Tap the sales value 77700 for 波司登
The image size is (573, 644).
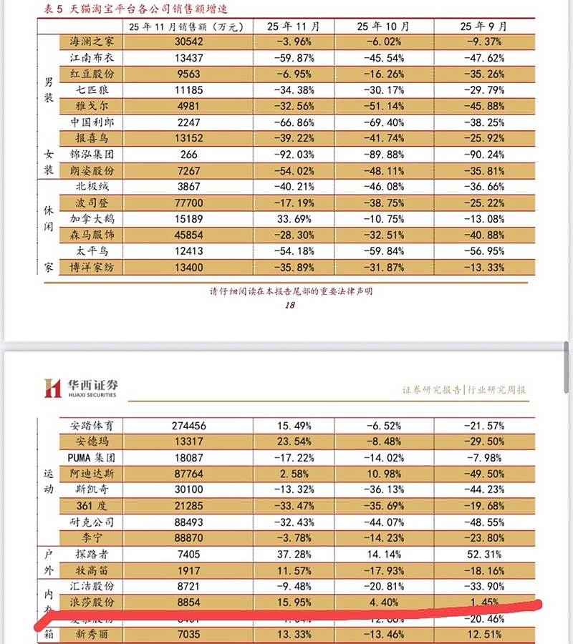click(x=189, y=203)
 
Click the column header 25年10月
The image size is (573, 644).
click(x=383, y=26)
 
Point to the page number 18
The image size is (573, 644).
click(x=290, y=305)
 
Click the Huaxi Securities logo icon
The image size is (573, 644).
click(x=52, y=387)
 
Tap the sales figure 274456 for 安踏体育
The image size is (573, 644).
click(x=189, y=425)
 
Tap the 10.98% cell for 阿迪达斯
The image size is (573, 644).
click(x=383, y=473)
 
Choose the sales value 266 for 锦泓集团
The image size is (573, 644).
click(x=189, y=154)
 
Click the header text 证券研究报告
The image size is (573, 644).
click(x=432, y=390)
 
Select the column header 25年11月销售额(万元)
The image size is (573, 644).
click(x=189, y=26)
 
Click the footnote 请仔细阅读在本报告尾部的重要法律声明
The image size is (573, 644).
click(x=291, y=291)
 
